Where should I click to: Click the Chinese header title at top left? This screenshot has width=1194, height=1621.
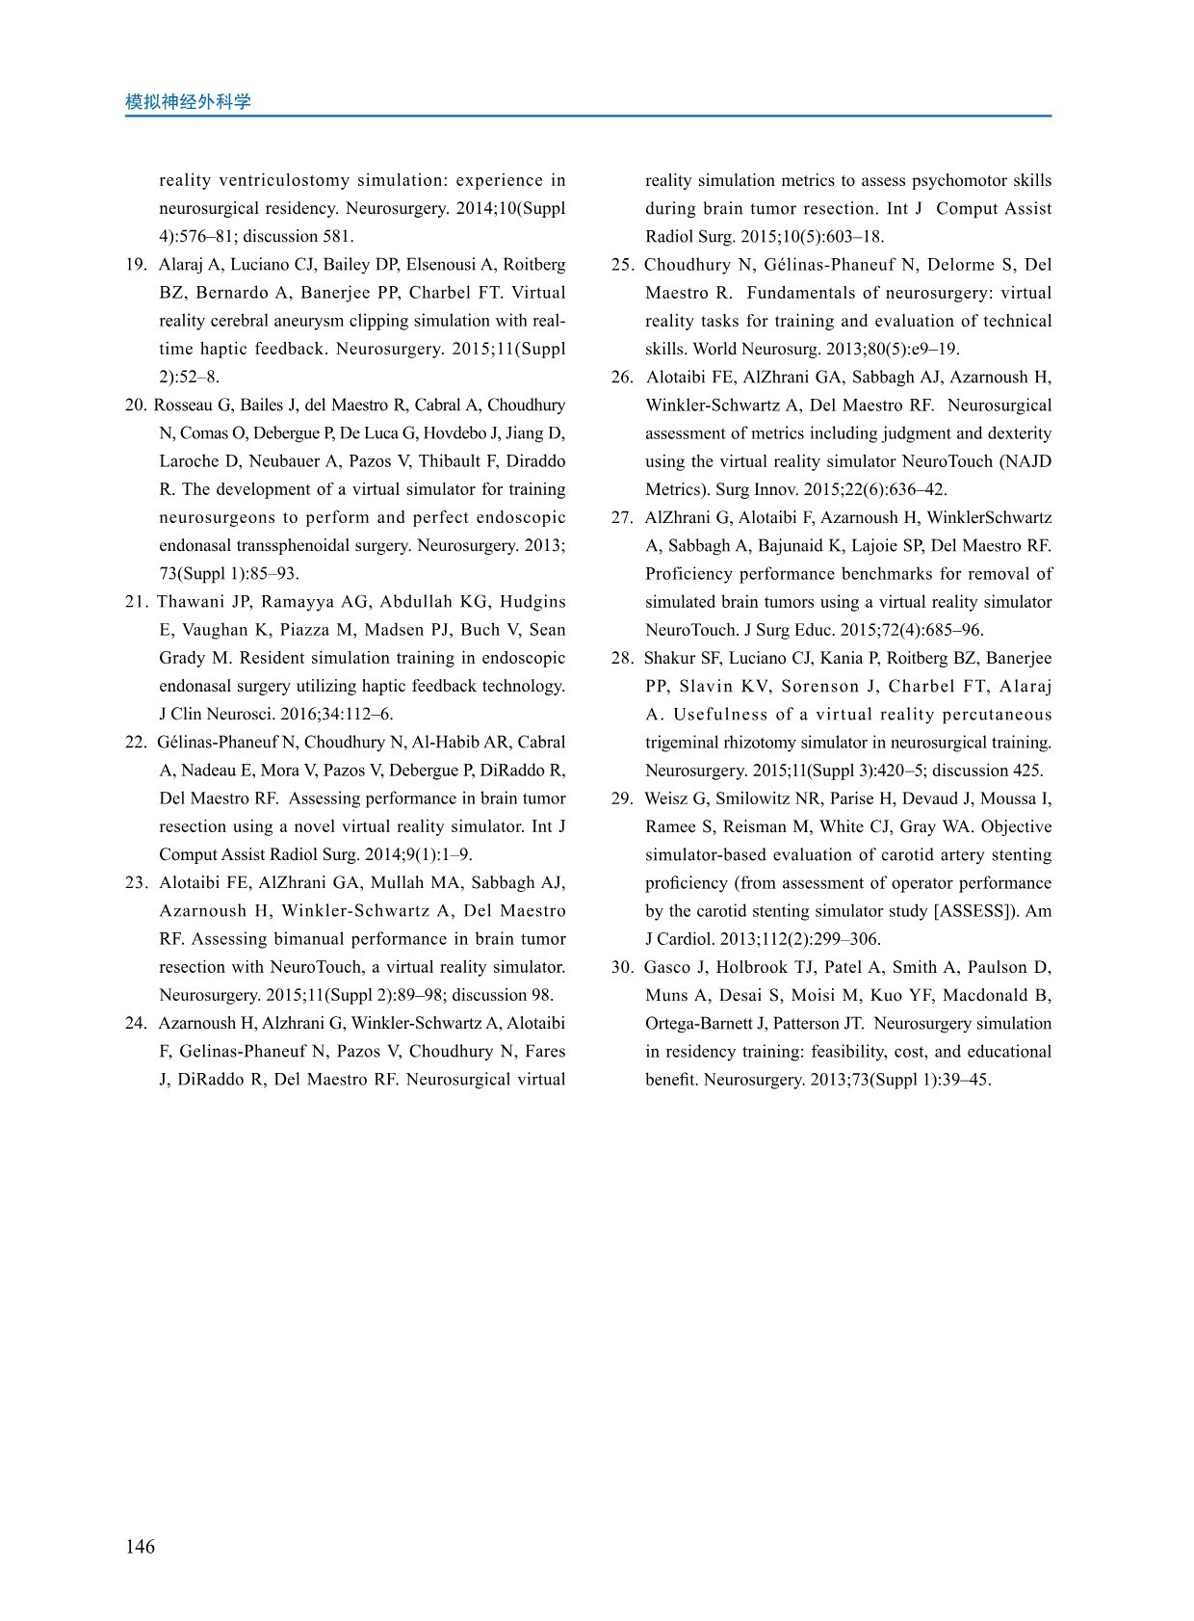coord(188,102)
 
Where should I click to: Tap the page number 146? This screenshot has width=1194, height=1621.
coord(140,1547)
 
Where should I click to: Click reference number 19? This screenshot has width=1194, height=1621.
coord(136,265)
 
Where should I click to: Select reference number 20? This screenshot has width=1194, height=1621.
coord(136,405)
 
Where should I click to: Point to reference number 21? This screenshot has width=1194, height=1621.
coord(136,602)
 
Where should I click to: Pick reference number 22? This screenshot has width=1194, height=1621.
coord(136,743)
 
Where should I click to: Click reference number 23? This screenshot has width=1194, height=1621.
coord(136,883)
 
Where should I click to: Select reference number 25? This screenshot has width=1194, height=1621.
coord(621,265)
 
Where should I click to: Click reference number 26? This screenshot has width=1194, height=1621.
coord(621,378)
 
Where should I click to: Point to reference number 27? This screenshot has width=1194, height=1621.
coord(621,518)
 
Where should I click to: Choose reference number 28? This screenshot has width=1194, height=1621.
coord(621,659)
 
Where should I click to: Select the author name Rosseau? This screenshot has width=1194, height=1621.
coord(183,405)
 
